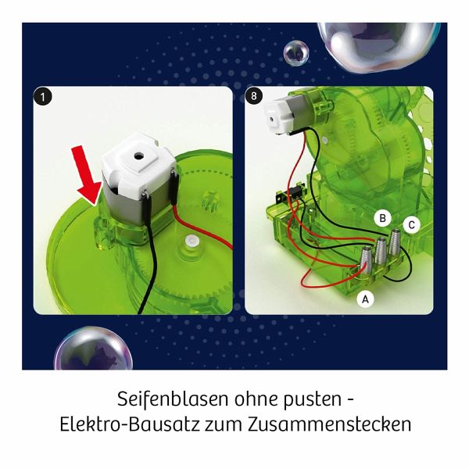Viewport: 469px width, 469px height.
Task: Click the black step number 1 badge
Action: pyautogui.click(x=43, y=97)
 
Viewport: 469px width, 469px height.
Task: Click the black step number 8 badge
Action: pyautogui.click(x=254, y=96)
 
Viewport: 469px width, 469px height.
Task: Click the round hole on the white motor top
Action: pyautogui.click(x=138, y=156)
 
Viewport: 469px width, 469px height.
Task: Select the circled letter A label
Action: pyautogui.click(x=365, y=299)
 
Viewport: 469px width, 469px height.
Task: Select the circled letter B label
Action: pyautogui.click(x=382, y=218)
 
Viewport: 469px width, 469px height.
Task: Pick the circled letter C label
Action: pyautogui.click(x=411, y=225)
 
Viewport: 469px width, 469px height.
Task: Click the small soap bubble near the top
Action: pyautogui.click(x=295, y=53)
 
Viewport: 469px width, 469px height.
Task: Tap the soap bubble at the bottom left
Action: pyautogui.click(x=93, y=349)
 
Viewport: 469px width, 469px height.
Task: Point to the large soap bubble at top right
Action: pyautogui.click(x=378, y=47)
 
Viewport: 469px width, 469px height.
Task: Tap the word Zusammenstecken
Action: pyautogui.click(x=330, y=424)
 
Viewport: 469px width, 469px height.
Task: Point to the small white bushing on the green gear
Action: pyautogui.click(x=191, y=240)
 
